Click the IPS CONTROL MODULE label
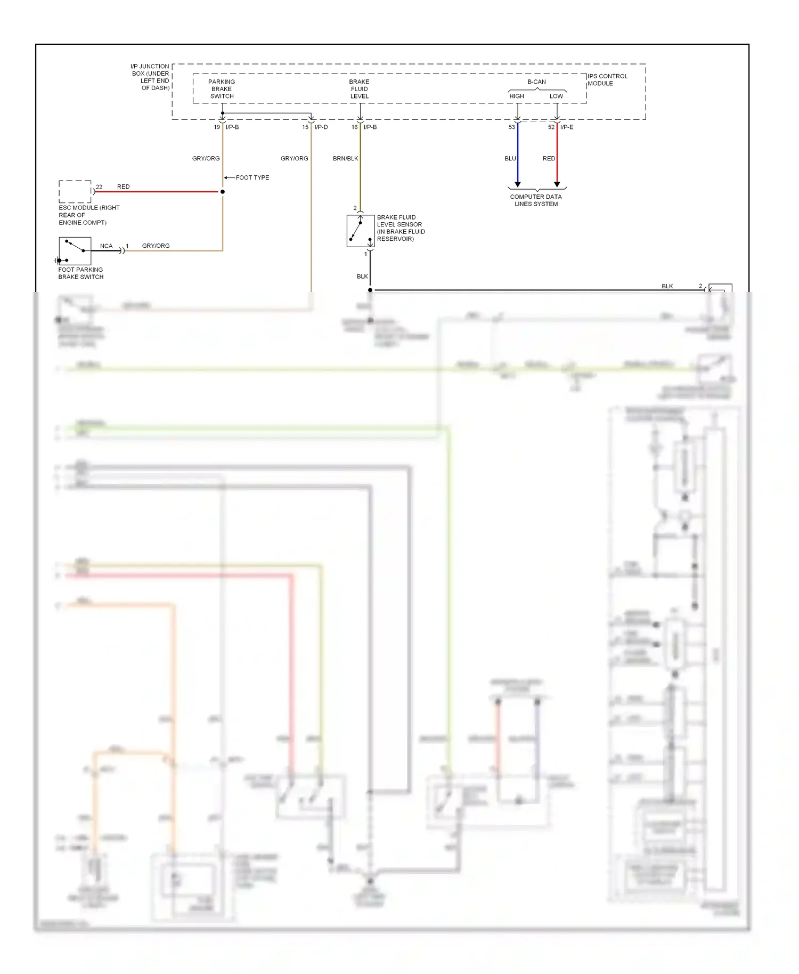click(607, 80)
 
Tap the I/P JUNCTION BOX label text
click(150, 77)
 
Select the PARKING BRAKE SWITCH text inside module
click(222, 89)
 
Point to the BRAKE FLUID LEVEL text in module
click(360, 89)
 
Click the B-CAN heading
click(536, 82)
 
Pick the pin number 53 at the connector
click(512, 127)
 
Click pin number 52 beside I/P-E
click(551, 127)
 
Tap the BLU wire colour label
click(510, 159)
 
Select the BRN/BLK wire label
click(345, 159)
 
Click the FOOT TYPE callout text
click(252, 178)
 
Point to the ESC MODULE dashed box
click(75, 192)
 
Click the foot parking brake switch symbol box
click(75, 251)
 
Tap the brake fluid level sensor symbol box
click(360, 231)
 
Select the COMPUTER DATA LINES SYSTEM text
click(536, 200)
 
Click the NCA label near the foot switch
click(107, 246)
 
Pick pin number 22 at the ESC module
click(99, 187)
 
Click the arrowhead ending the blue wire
click(518, 184)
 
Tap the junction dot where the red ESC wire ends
click(223, 192)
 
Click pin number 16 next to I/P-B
click(354, 127)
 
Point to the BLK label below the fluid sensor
click(362, 277)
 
